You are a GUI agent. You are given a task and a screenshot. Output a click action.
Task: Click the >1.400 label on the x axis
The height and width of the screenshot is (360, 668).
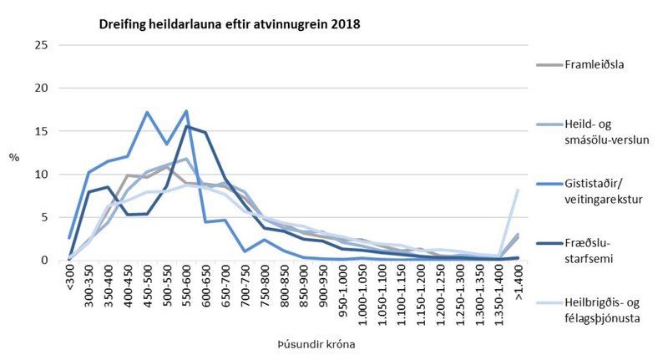[x=518, y=282]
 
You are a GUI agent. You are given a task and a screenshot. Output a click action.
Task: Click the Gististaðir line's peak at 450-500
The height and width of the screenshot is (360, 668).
[x=147, y=112]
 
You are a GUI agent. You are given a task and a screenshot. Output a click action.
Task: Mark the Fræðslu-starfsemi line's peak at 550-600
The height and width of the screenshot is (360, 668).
[x=185, y=126]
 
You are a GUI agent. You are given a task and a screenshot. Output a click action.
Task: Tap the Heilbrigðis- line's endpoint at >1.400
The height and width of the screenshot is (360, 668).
[x=518, y=190]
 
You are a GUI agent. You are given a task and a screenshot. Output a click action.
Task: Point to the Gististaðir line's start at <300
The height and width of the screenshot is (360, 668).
[x=70, y=238]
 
